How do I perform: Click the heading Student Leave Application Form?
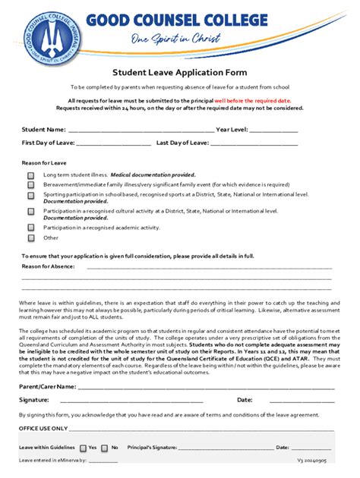tap(180, 74)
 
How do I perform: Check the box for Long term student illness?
tap(31, 175)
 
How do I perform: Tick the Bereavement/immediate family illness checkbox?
tap(31, 184)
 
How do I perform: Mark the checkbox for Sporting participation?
tap(31, 195)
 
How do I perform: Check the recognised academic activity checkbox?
tap(31, 227)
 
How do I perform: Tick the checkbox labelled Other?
tap(31, 237)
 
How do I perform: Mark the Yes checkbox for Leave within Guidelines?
tap(83, 448)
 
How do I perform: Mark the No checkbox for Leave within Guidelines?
tap(105, 448)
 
